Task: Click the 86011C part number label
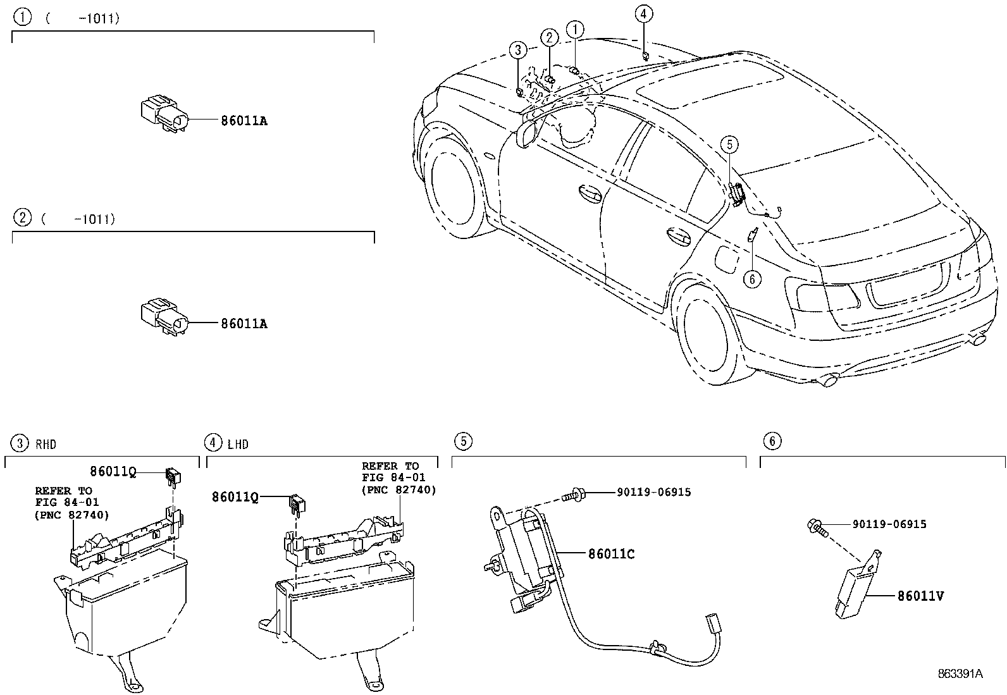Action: [x=611, y=555]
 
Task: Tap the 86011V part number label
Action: [x=920, y=596]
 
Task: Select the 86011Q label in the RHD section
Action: [x=113, y=471]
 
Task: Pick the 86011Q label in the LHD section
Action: [x=235, y=498]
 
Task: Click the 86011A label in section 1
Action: [x=244, y=121]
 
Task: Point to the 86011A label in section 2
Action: [x=244, y=324]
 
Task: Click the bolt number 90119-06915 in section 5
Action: [x=653, y=492]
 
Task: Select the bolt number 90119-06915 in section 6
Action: [x=889, y=524]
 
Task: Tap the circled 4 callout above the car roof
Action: [x=643, y=15]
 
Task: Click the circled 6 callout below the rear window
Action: [x=751, y=279]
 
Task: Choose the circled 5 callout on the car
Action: [x=729, y=145]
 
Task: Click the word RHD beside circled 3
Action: [x=46, y=445]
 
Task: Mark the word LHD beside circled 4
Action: [x=238, y=445]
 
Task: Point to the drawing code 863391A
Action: [x=960, y=674]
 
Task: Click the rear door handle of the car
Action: [x=679, y=236]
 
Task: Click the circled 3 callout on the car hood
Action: [x=518, y=49]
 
